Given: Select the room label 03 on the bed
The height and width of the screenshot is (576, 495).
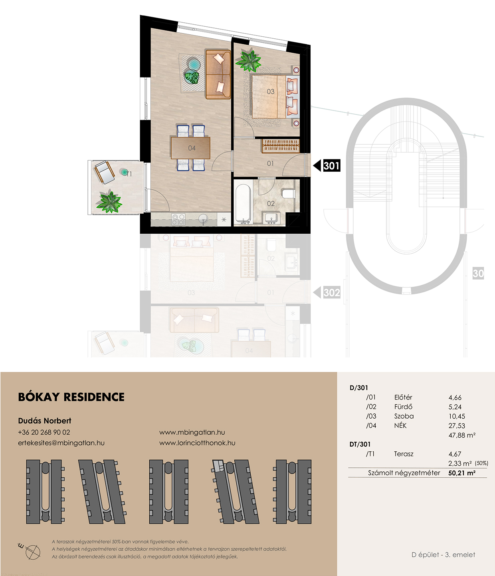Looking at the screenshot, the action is pos(271,91).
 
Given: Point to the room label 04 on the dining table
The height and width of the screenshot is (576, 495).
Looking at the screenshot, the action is pos(192,148).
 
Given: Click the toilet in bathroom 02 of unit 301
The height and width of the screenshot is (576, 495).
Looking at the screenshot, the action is pos(288,193).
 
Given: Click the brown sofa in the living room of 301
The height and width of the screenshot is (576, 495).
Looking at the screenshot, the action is pos(218,74).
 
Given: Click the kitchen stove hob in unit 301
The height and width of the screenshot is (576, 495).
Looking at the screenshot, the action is pos(178,219).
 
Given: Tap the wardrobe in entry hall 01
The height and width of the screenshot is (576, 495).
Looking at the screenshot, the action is pos(281,146).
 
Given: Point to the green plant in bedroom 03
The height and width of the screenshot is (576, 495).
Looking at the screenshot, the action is pos(248,60).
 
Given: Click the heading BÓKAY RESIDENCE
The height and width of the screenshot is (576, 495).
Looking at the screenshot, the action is pos(71,397).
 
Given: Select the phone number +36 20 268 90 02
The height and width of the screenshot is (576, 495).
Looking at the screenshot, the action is pos(44,432).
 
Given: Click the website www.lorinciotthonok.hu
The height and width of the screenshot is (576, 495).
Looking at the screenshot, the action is pos(197,443).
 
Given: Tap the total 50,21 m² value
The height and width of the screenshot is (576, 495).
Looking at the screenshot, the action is pos(462,473).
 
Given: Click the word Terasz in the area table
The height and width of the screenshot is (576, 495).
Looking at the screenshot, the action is pos(404,454).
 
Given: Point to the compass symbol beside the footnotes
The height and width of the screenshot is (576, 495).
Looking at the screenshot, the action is pos(32,552).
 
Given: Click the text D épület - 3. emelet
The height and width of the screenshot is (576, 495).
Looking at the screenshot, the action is pos(443,554).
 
